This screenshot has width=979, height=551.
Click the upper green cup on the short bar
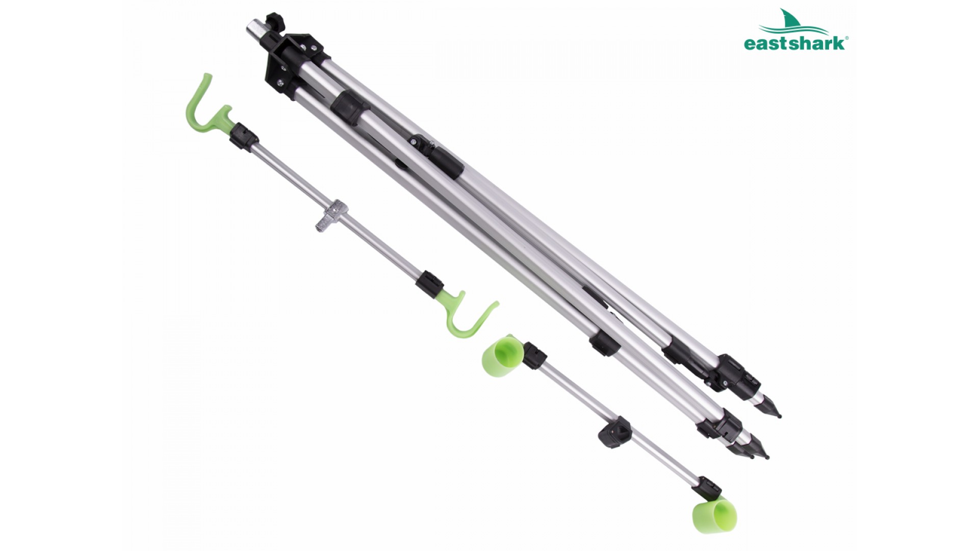click(x=502, y=355)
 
